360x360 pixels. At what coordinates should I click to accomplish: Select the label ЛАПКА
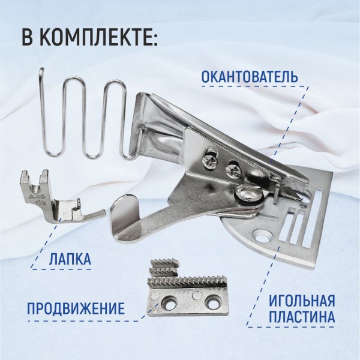pyautogui.click(x=70, y=259)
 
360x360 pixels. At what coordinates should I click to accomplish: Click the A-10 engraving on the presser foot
pyautogui.click(x=34, y=197)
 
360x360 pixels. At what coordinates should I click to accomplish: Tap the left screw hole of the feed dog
pyautogui.click(x=170, y=305)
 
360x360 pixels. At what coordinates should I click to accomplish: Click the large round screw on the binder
pyautogui.click(x=250, y=194)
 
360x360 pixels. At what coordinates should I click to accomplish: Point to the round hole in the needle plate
pyautogui.click(x=262, y=239)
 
